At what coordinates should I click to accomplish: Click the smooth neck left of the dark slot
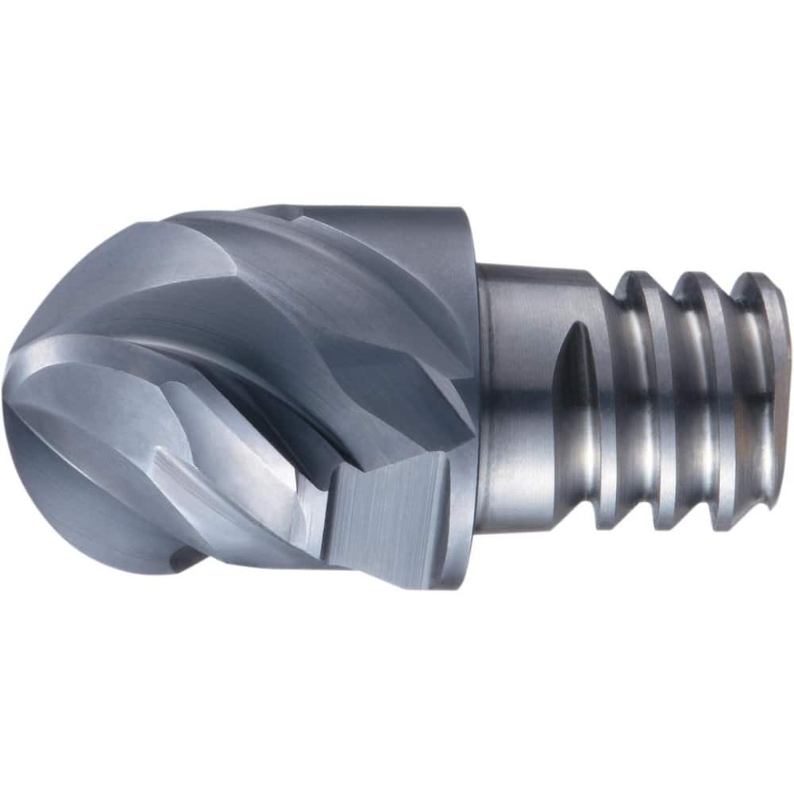(516, 397)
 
